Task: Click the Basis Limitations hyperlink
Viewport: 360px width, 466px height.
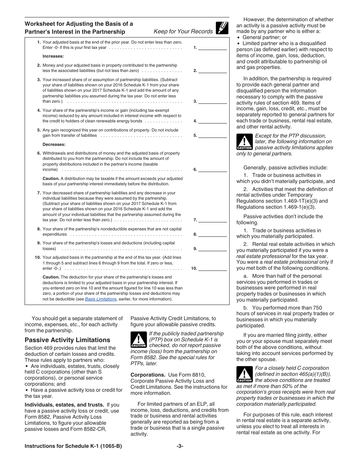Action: click(x=101, y=299)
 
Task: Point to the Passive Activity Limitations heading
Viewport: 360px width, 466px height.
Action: click(x=67, y=340)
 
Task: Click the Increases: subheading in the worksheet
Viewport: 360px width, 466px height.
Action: click(x=53, y=56)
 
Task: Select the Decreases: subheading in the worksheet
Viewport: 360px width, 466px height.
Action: click(x=54, y=144)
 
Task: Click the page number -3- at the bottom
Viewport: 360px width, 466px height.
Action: click(x=180, y=446)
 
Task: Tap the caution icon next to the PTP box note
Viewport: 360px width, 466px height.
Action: click(x=138, y=339)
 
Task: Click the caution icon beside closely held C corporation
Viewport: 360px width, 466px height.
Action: click(x=244, y=374)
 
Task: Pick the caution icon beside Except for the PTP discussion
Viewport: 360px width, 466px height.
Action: click(x=244, y=142)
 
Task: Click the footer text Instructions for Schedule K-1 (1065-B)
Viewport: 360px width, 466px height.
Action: click(x=73, y=446)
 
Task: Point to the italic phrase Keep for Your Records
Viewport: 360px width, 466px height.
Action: click(x=183, y=31)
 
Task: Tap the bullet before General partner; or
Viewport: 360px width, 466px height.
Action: click(x=238, y=38)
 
